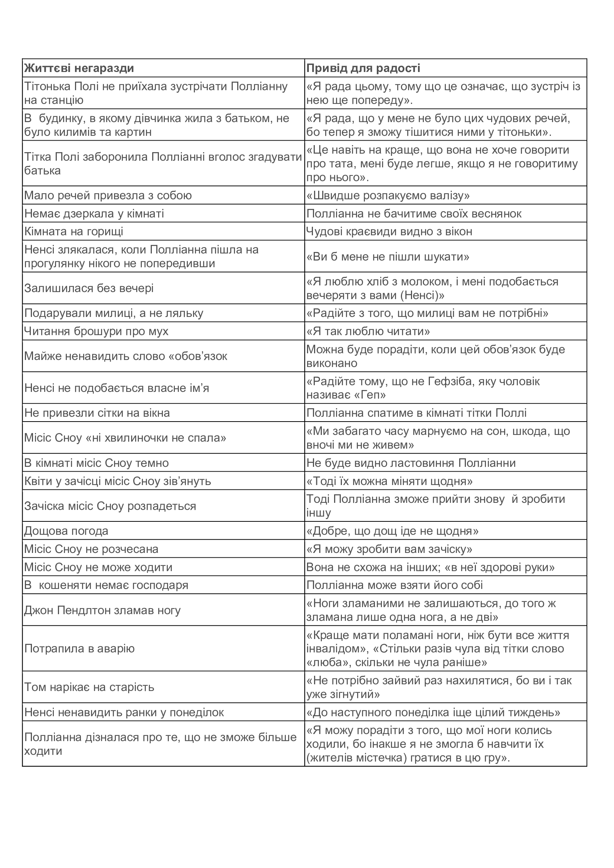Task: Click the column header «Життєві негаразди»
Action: tap(79, 68)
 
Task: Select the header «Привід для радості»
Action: tap(363, 68)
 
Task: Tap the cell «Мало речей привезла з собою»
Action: tap(108, 196)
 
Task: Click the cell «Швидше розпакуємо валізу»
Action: tap(388, 196)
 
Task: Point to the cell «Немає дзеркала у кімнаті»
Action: tap(94, 214)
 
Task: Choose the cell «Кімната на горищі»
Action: tap(74, 231)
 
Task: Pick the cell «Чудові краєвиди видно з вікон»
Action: tap(389, 231)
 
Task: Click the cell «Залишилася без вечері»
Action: tap(89, 288)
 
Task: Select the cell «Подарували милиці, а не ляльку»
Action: tap(114, 313)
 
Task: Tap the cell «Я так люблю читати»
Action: tap(368, 331)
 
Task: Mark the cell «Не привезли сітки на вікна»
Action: tap(97, 413)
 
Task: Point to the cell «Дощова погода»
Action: tap(66, 531)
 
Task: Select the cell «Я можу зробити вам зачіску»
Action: tap(389, 549)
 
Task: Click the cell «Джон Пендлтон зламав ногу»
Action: tap(102, 610)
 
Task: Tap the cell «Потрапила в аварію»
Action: tap(79, 649)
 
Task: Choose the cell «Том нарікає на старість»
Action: tap(89, 687)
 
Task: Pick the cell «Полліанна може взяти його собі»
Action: tap(395, 585)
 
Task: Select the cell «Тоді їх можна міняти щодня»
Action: tap(389, 481)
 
